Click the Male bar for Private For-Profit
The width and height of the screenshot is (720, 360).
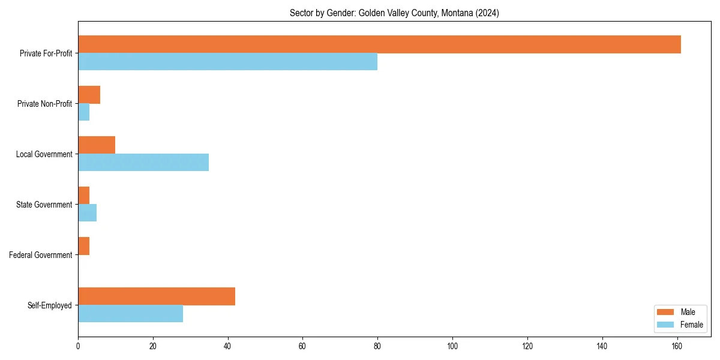[379, 44]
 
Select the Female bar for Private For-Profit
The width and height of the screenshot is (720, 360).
[227, 62]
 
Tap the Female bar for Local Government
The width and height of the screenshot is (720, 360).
[143, 163]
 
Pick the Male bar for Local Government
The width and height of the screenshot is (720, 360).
[97, 145]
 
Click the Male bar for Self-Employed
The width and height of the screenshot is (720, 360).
[157, 296]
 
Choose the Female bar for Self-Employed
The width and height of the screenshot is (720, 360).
[130, 314]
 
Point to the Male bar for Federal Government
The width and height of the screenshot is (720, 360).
[83, 246]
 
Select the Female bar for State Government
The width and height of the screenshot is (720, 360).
[87, 213]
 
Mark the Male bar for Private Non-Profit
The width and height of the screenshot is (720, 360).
[89, 95]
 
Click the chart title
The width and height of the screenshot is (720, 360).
[394, 13]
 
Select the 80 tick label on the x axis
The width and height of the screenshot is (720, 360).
[377, 346]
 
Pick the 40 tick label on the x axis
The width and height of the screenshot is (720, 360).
[227, 346]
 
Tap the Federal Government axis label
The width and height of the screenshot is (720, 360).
[41, 255]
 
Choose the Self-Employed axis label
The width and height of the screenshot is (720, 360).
[50, 305]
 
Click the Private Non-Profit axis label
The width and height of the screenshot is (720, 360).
[44, 104]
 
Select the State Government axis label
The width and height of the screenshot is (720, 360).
[44, 205]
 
